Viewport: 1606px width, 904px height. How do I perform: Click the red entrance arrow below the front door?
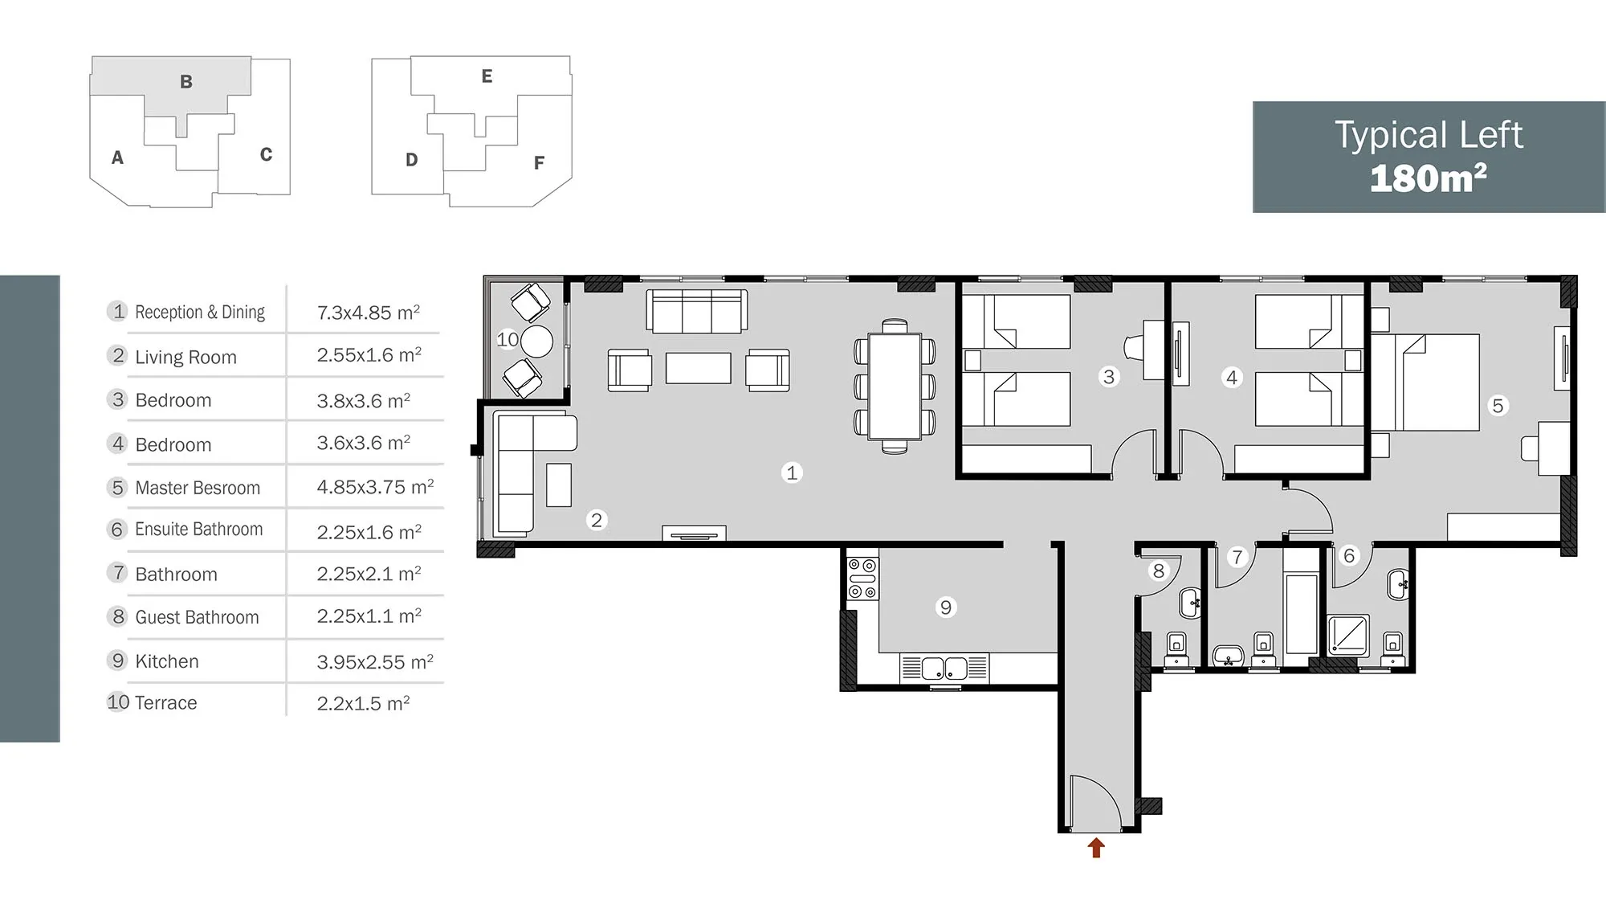click(1096, 848)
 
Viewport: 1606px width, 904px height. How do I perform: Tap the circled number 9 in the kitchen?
click(946, 607)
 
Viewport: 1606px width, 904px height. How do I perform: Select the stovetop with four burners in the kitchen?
click(863, 579)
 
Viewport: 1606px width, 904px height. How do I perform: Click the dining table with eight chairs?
click(895, 386)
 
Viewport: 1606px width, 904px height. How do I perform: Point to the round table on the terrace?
click(536, 342)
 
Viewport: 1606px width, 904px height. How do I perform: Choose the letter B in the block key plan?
click(186, 81)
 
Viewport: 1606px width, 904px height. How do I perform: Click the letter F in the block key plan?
click(540, 163)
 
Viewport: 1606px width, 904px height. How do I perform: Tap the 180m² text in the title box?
click(1428, 178)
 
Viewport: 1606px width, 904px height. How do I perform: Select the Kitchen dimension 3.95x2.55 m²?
click(375, 662)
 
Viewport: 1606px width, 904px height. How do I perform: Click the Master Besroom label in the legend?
click(198, 488)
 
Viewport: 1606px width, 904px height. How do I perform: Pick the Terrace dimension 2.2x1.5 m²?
click(363, 704)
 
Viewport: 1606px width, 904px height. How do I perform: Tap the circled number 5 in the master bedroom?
click(1498, 406)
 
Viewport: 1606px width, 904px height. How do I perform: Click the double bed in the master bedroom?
click(1425, 382)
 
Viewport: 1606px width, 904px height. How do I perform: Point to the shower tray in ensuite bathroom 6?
click(1348, 636)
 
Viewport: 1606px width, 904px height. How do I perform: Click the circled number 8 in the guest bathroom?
click(1158, 571)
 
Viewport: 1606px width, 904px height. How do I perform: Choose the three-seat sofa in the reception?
click(697, 311)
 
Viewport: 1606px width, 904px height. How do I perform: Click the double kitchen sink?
click(944, 669)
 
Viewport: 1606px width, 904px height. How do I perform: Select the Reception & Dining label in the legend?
click(200, 312)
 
